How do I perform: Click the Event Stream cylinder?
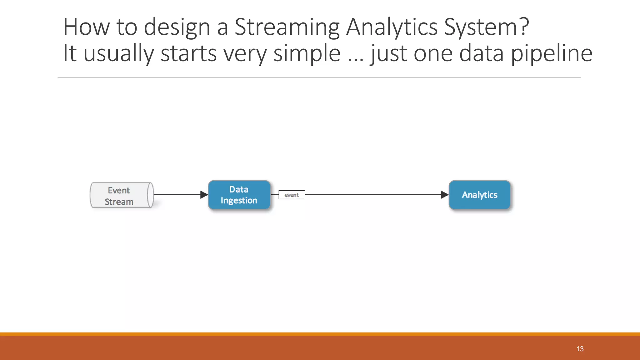pos(121,195)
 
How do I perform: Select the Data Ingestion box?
pos(239,195)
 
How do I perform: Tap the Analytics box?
pos(479,195)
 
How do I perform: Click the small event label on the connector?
pos(292,195)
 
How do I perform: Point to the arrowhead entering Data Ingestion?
pos(204,195)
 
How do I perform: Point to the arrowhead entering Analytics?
pos(444,195)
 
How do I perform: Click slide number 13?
pos(580,349)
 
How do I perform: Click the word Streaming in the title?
pos(287,27)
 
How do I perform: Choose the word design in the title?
pos(177,27)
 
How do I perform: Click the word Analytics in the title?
pos(392,27)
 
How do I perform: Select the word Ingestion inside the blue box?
pos(239,200)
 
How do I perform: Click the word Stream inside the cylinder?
pos(119,202)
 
